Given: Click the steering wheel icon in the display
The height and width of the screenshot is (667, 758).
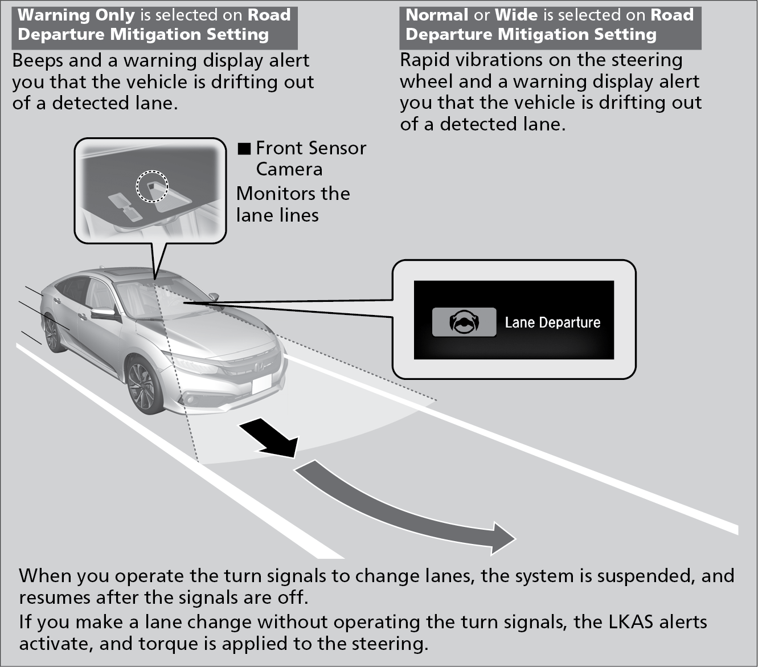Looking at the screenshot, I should point(464,322).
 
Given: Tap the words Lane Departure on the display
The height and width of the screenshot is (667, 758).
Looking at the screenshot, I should point(552,323).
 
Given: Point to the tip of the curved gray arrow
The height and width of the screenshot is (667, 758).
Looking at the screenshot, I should point(513,538).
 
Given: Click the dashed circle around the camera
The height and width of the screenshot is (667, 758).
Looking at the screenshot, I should point(152,186).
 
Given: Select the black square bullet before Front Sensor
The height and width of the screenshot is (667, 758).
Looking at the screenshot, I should point(244,149).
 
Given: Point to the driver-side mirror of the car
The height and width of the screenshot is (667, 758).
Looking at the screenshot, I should point(103,314).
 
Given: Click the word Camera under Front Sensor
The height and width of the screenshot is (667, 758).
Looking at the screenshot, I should point(289,169).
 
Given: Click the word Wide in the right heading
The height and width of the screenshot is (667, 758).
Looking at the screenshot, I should point(517,15).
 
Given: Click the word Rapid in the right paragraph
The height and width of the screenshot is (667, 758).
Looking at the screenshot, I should point(425,60).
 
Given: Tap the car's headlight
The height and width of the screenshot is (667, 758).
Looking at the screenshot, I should point(194,365).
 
